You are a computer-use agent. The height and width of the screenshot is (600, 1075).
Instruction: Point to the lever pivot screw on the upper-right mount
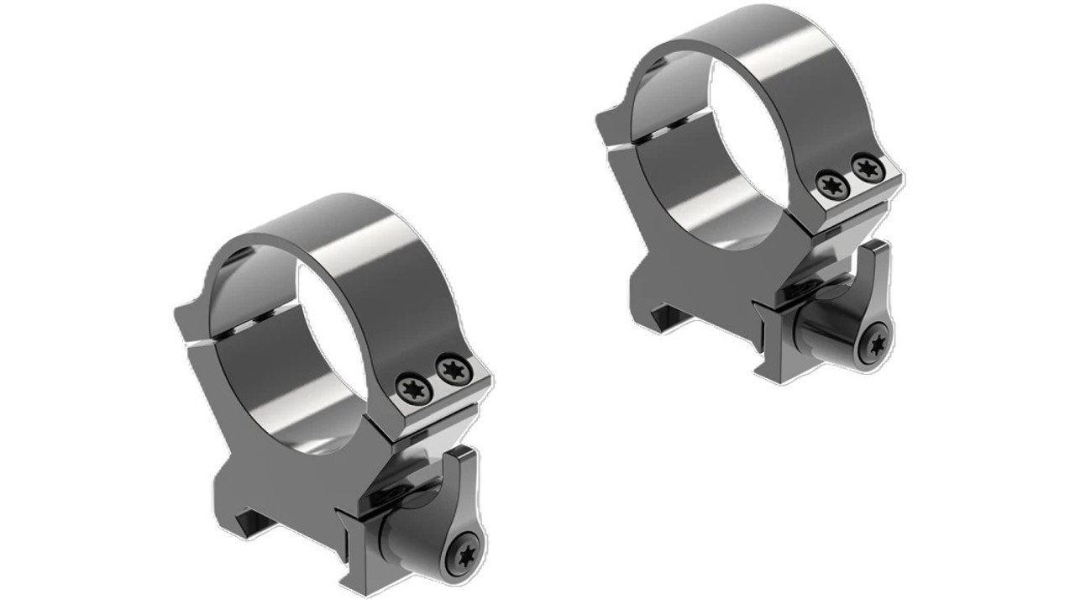click(878, 343)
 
